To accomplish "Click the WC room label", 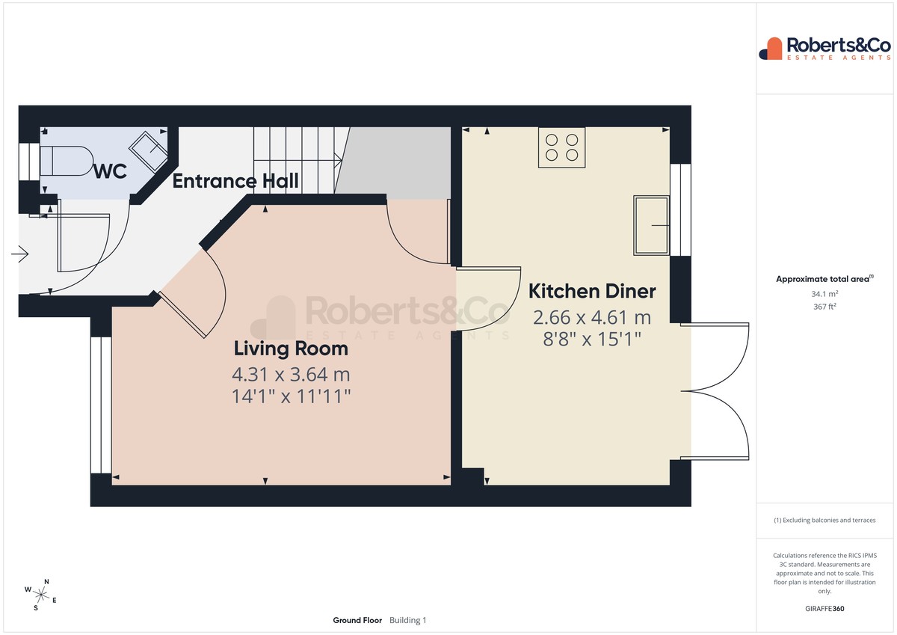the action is [x=110, y=171].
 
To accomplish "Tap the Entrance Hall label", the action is [x=235, y=181].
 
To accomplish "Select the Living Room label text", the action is [x=291, y=349].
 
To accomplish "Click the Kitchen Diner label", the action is [x=592, y=291].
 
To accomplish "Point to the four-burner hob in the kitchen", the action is [x=561, y=147].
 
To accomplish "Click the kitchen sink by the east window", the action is [x=651, y=226].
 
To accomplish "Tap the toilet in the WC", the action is [x=67, y=161].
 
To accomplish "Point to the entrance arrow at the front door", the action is [x=19, y=254].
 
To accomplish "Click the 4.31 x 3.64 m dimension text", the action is [x=291, y=375].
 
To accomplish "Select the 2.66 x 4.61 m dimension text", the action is [x=592, y=318].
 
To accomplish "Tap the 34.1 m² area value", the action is [x=824, y=294].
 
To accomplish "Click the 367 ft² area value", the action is [x=824, y=307].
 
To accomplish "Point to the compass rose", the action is [x=40, y=595].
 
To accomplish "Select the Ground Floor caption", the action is [x=357, y=620].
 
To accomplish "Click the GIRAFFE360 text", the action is [x=824, y=609].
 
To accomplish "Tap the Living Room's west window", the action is [x=101, y=405].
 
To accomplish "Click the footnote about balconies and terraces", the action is [x=824, y=520].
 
